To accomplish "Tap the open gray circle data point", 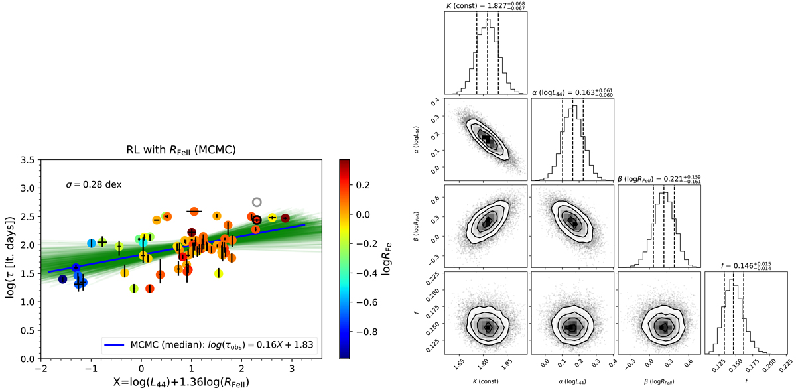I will point(257,202).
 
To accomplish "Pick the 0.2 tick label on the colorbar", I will point(367,186).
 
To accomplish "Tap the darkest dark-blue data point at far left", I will point(62,279).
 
